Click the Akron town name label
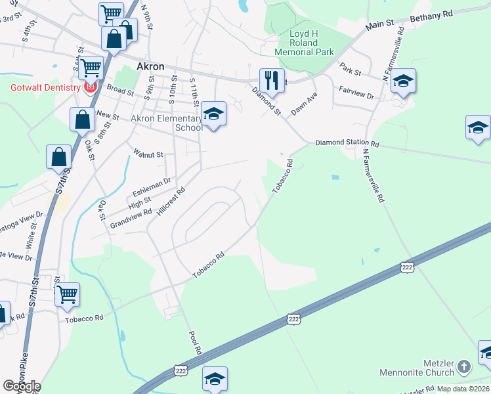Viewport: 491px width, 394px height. coord(150,66)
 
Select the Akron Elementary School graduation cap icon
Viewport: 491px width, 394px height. coord(213,115)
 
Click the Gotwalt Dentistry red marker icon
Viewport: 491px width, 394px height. coord(90,87)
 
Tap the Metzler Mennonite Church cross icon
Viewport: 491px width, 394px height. coord(464,366)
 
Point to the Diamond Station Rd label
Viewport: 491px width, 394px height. coord(347,142)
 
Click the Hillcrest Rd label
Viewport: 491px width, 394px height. coord(170,202)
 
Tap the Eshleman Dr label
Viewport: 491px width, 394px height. coord(152,186)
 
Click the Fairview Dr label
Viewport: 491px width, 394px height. coord(356,95)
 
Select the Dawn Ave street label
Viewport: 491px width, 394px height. coord(305,104)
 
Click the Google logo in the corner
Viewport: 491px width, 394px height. coord(22,386)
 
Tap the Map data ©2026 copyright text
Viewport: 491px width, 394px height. coord(463,389)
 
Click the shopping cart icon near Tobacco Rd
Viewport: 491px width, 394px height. coord(67,295)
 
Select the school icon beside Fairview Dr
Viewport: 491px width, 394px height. coord(403,82)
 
